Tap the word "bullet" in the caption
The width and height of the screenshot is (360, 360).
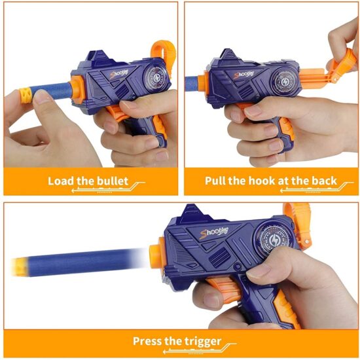(120, 180)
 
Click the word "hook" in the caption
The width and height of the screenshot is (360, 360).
(272, 180)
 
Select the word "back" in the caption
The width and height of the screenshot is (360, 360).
(321, 180)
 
